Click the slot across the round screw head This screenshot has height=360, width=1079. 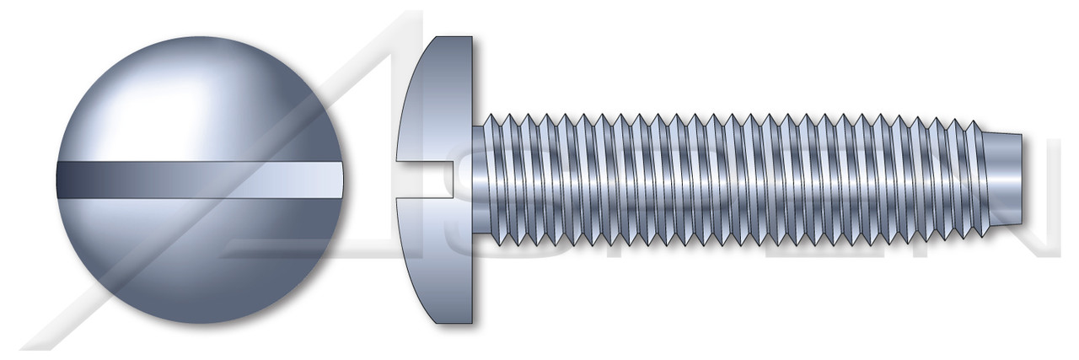[x=201, y=180]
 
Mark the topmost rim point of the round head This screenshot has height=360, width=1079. [x=201, y=37]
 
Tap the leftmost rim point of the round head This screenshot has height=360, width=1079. [x=56, y=180]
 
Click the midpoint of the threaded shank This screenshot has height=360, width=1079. [x=733, y=180]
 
